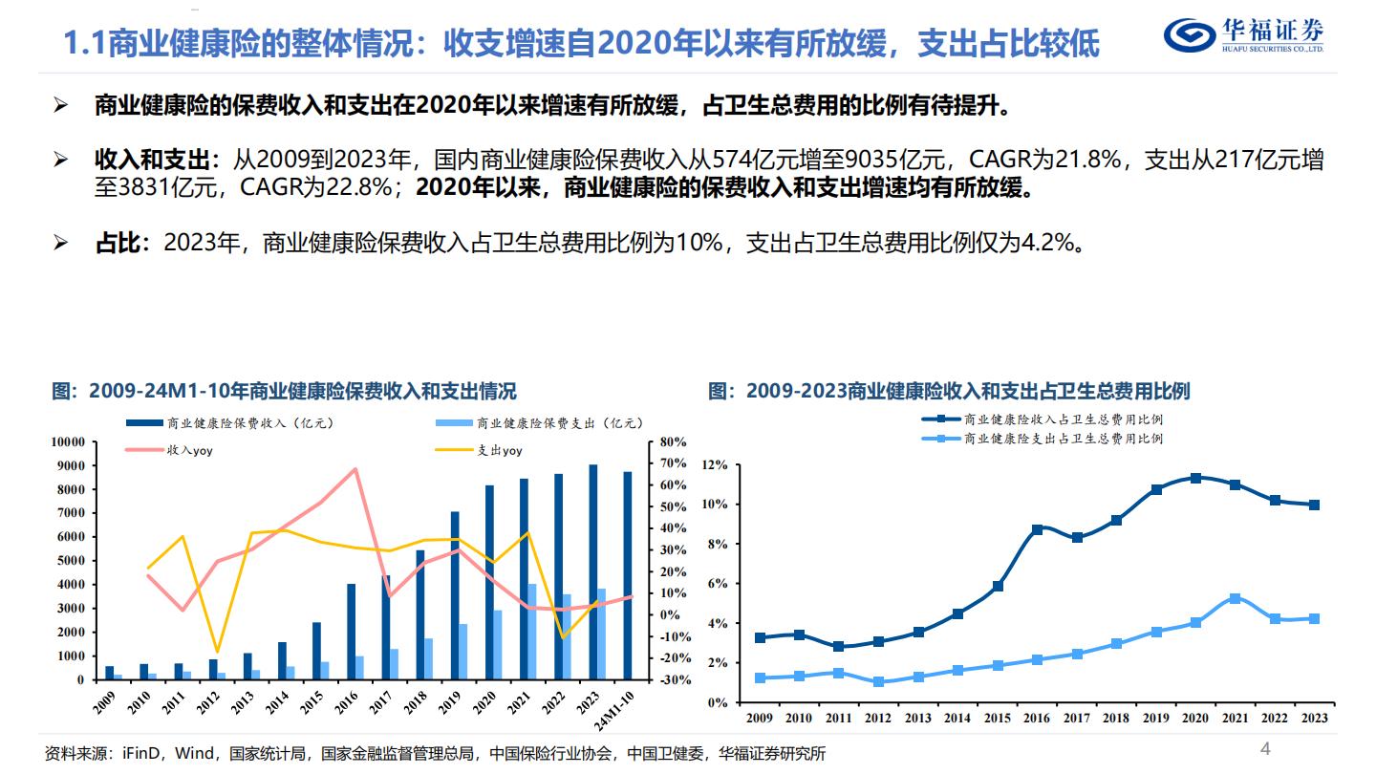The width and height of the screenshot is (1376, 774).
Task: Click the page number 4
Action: [x=1266, y=748]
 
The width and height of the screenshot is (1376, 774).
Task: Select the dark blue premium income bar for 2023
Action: [x=593, y=572]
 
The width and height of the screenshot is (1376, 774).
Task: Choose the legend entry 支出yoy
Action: [x=499, y=450]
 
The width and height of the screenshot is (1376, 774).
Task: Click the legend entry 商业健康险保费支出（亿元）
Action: [x=559, y=422]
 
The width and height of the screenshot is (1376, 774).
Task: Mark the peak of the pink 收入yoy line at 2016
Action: [x=355, y=469]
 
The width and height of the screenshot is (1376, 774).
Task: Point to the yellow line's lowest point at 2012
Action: [x=217, y=651]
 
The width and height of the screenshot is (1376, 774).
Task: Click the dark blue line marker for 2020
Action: [x=1196, y=478]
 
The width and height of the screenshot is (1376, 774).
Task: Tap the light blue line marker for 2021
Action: [x=1235, y=598]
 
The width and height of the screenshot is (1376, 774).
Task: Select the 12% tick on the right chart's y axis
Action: [x=714, y=465]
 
